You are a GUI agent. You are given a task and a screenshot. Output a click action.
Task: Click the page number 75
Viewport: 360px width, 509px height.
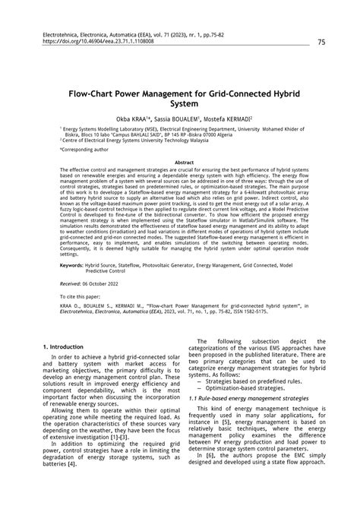click(322, 43)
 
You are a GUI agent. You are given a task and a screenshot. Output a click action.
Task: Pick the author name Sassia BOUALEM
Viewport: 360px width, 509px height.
click(175, 119)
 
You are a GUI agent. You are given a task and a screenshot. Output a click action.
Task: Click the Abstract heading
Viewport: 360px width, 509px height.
click(180, 162)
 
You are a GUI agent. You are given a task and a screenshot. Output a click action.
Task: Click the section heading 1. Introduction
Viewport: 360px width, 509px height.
click(66, 346)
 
